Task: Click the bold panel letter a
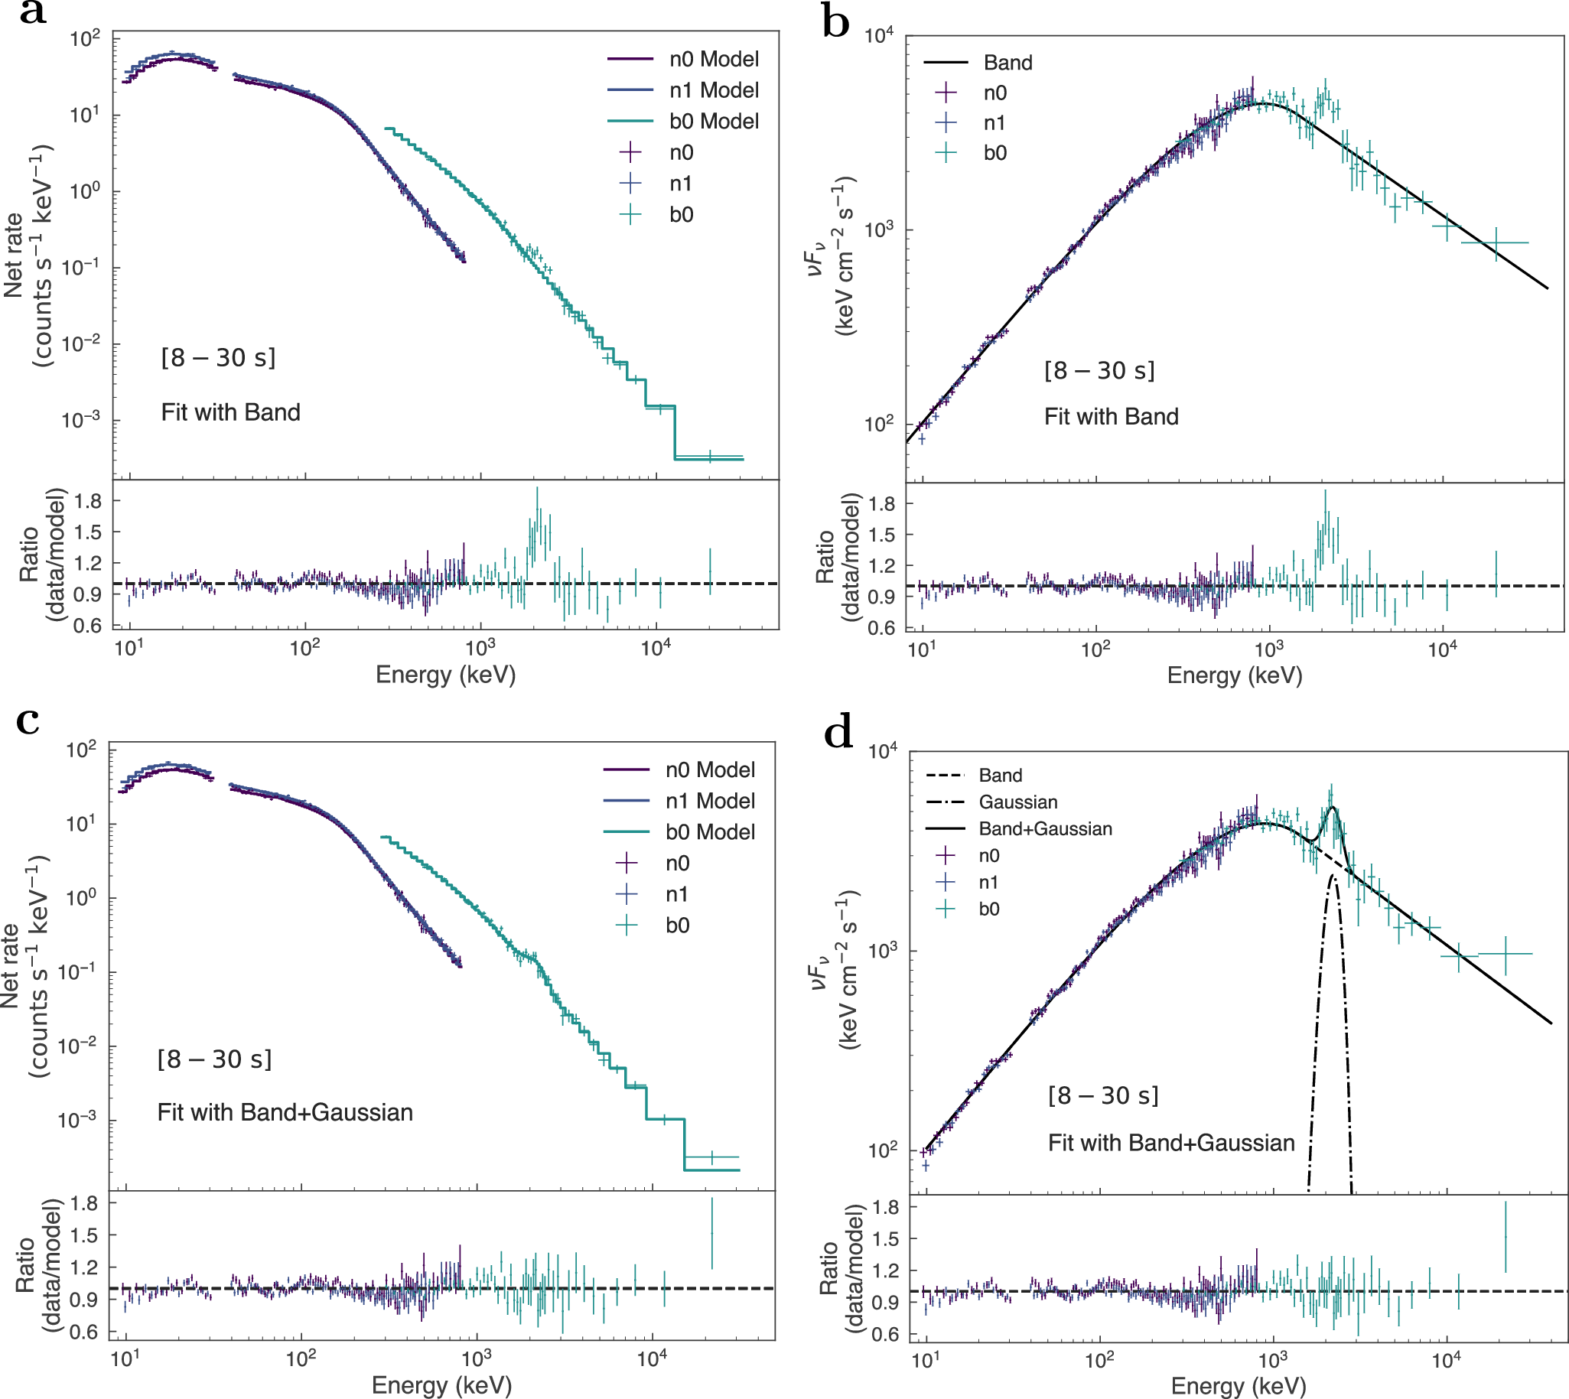(x=32, y=13)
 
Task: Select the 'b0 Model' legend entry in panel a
(x=714, y=122)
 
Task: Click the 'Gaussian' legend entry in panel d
(x=1017, y=802)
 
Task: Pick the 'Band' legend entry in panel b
(x=1007, y=63)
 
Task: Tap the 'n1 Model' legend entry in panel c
(x=710, y=801)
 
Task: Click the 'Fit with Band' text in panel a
(x=229, y=413)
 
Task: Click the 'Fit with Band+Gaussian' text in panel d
(x=1170, y=1143)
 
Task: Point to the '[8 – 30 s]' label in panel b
(x=1099, y=370)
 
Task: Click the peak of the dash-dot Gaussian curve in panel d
(x=1334, y=876)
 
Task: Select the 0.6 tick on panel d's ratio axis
(x=884, y=1336)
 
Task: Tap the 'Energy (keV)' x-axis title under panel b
(x=1234, y=675)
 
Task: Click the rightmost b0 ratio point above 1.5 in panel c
(x=712, y=1233)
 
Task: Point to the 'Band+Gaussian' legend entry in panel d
(x=1045, y=829)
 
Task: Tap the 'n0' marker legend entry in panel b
(x=994, y=93)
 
